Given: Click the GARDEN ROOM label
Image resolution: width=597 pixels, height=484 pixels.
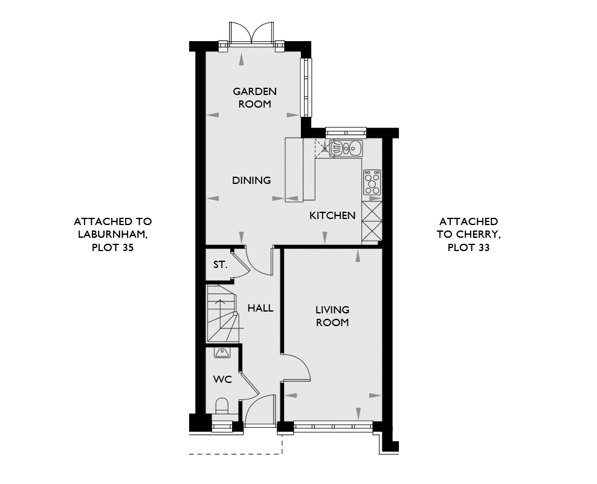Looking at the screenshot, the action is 255,97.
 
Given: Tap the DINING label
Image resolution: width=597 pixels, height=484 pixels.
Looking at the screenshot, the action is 251,180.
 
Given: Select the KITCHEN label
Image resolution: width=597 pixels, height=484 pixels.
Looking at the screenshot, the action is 332,215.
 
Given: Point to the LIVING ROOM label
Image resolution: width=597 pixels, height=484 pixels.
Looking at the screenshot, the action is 332,316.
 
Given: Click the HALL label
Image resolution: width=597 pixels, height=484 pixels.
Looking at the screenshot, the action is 260,308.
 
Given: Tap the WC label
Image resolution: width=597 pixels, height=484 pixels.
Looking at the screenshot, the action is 223,379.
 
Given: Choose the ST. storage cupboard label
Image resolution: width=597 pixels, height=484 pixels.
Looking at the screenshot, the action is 220,264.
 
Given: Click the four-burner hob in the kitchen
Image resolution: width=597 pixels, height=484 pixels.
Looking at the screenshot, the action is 372,183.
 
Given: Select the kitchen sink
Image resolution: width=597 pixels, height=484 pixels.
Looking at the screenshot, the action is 346,148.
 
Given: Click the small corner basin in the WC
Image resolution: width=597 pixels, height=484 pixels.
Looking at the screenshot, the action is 222,353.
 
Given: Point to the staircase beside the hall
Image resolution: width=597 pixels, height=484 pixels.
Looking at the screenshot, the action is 222,313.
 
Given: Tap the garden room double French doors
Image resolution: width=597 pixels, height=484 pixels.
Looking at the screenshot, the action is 251,33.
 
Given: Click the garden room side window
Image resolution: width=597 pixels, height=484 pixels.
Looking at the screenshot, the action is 306,87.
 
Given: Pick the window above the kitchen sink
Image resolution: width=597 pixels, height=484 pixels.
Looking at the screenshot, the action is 346,132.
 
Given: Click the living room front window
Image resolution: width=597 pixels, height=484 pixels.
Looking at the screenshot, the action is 333,426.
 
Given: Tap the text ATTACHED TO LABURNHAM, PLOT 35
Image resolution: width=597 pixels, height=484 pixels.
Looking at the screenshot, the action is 113,234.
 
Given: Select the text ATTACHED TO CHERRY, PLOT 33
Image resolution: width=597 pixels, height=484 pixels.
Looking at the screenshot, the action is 469,234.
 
